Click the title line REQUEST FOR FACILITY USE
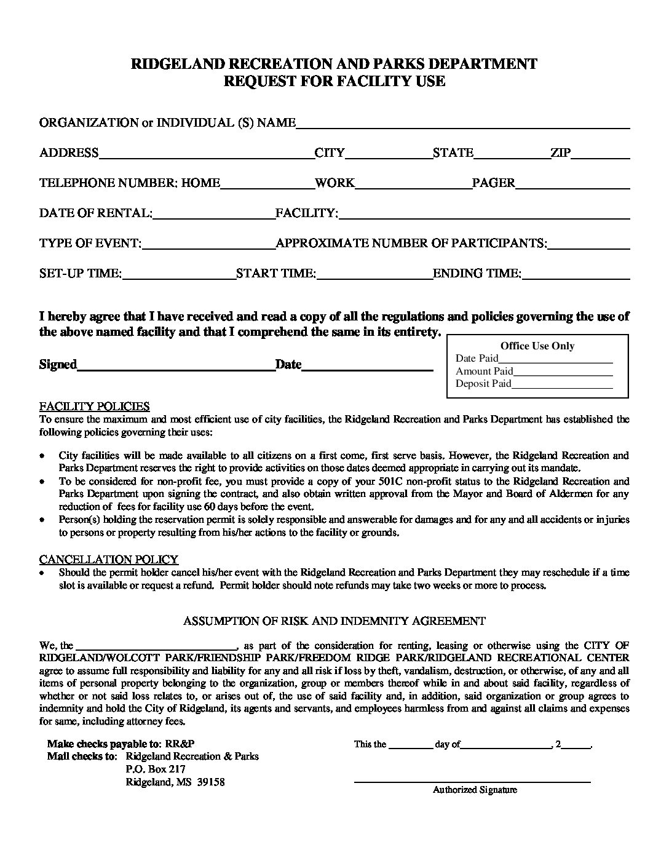(334, 81)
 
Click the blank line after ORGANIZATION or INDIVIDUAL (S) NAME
(463, 125)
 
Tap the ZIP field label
(561, 153)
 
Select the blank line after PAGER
(572, 185)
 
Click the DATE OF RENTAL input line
(214, 215)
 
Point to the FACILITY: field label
(307, 213)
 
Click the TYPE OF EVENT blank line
(209, 245)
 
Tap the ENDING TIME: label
(477, 273)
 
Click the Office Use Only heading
(537, 346)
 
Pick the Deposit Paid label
(483, 384)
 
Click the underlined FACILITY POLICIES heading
(95, 407)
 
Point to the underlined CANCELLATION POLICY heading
(109, 559)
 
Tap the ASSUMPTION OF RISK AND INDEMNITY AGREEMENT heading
(334, 621)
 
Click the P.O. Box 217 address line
(156, 769)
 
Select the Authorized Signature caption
(475, 790)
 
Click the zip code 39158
(211, 782)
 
